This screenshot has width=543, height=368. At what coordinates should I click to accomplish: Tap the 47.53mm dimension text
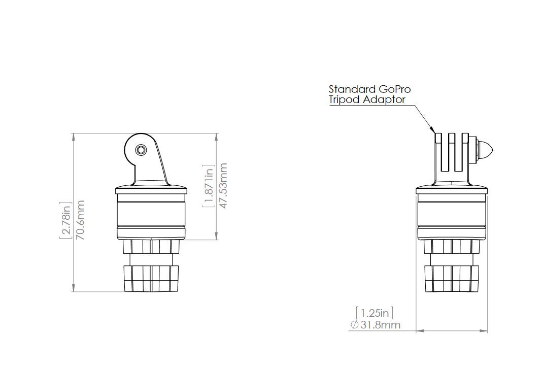click(x=222, y=185)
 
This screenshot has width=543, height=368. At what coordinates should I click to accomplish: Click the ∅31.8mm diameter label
click(x=375, y=324)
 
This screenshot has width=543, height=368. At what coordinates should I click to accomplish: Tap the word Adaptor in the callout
click(x=384, y=99)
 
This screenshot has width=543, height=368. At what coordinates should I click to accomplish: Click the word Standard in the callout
click(x=351, y=90)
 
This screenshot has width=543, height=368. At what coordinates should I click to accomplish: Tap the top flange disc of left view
click(x=151, y=191)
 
